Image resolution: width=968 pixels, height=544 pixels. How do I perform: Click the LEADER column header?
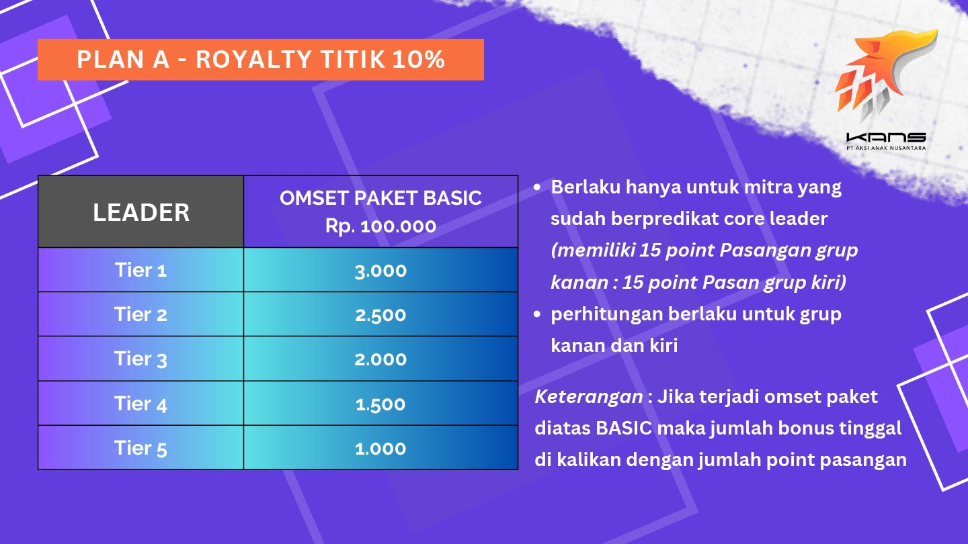coord(141,212)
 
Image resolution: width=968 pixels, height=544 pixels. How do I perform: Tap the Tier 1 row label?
coord(140,270)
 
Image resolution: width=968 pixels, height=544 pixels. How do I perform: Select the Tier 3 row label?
coord(140,359)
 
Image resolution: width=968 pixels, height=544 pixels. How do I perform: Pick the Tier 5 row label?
coord(140,448)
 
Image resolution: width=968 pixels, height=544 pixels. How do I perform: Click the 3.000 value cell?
coord(380,271)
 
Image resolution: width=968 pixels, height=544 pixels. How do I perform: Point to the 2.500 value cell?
coord(380,315)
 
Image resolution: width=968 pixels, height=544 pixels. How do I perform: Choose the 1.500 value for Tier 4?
coord(380,404)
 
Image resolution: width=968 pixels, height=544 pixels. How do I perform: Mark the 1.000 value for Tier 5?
coord(380,449)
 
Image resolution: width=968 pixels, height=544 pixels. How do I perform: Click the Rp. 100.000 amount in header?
coord(380,226)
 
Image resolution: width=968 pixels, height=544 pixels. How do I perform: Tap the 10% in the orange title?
coord(419,60)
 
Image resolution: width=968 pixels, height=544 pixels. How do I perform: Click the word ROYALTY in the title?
coord(253,60)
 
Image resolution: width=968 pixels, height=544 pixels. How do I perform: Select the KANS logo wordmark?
coord(886,138)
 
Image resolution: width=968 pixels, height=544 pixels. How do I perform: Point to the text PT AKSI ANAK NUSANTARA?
coord(886,148)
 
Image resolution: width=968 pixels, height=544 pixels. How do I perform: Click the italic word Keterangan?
coord(589,397)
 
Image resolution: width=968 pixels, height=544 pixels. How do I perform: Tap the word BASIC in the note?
coord(624,428)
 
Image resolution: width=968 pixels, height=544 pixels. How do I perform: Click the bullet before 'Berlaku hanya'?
coord(537,187)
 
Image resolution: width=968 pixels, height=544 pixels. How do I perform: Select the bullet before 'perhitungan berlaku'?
coord(537,314)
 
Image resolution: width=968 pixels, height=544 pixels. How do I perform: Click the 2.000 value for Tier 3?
coord(380,360)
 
